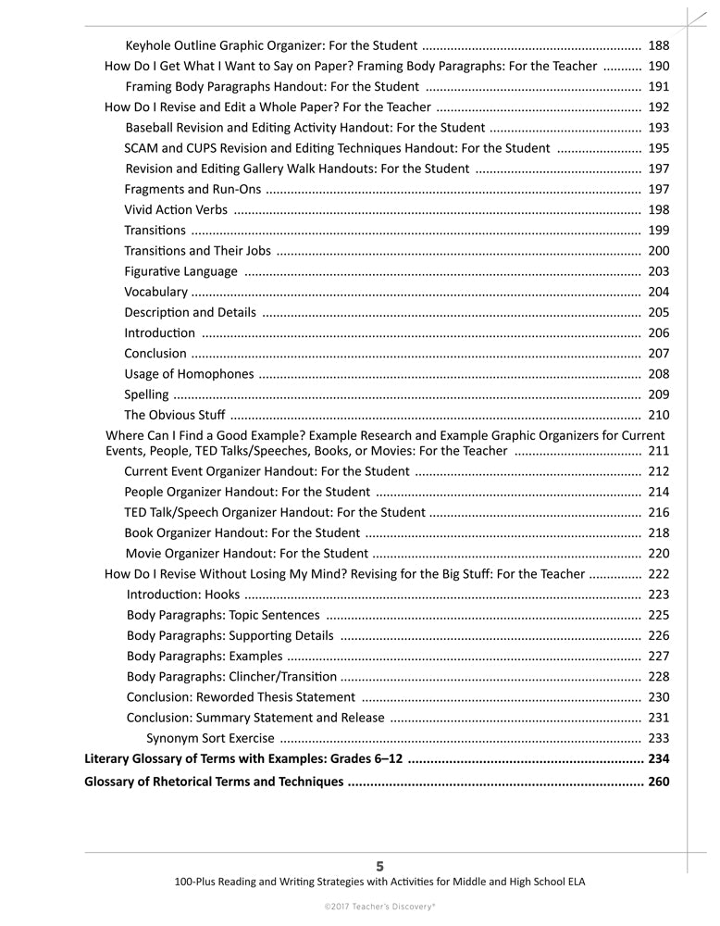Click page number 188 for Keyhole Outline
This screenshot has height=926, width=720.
point(659,45)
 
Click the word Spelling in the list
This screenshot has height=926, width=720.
point(146,394)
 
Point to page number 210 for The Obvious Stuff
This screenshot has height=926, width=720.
point(659,415)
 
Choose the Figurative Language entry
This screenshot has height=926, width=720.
point(180,271)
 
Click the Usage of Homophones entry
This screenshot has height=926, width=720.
point(189,374)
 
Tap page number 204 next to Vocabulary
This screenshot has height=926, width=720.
point(659,292)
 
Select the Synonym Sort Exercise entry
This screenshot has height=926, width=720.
point(210,738)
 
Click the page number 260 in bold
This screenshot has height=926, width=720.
point(659,782)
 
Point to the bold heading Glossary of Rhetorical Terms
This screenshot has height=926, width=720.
point(214,782)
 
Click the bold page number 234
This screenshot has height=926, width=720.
point(659,759)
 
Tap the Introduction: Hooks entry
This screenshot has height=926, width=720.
point(182,594)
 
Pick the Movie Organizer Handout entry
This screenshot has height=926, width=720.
point(247,554)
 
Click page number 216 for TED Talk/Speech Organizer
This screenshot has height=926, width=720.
point(659,512)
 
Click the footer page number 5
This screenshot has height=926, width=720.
point(379,866)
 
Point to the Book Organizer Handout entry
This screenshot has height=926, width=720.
point(242,532)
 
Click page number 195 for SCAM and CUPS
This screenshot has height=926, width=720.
point(659,148)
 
